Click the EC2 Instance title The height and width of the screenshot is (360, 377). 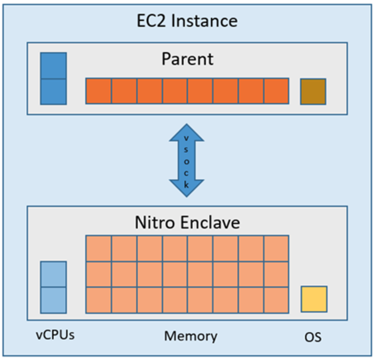pos(187,21)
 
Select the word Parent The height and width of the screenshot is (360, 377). pos(187,59)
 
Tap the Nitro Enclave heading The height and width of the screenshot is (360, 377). pos(187,222)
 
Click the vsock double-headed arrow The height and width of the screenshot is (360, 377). pos(187,160)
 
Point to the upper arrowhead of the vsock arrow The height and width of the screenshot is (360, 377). pos(187,131)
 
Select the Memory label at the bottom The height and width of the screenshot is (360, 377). pos(190,336)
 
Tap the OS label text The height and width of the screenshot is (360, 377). pos(313,336)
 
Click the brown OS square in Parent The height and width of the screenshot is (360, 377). pos(313,92)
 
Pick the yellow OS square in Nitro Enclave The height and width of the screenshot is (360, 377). pos(314,299)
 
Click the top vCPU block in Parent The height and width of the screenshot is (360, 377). pos(53,66)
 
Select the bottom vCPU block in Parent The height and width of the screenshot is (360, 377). pos(53,92)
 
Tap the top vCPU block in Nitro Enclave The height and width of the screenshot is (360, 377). pos(53,274)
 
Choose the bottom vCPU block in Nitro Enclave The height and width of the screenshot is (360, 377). pos(53,300)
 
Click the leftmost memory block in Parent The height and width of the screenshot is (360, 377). pos(99,91)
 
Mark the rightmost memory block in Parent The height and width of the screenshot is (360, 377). pos(276,91)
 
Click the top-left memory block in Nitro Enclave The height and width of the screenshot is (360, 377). pos(99,248)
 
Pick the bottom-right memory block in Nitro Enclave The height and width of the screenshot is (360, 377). pos(276,300)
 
